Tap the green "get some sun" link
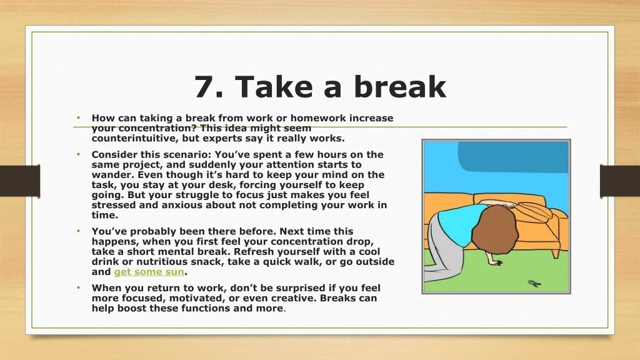pos(149,272)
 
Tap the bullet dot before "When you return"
pos(78,287)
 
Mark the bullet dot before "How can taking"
pos(78,118)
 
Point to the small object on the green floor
pos(534,283)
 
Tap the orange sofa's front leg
pos(556,254)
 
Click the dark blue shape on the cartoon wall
pos(512,157)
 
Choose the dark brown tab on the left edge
pos(20,181)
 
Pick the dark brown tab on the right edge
pos(620,181)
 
